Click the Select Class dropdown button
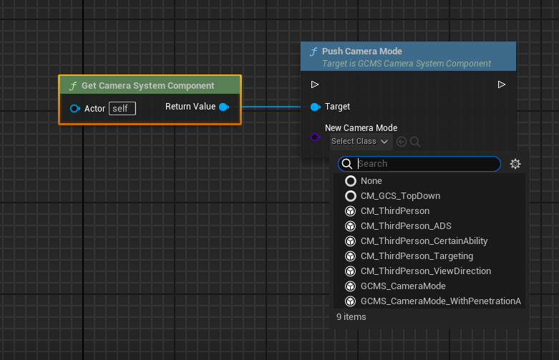[360, 142]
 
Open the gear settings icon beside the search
[515, 164]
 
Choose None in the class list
[371, 181]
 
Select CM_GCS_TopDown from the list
[400, 196]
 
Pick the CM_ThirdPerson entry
[395, 211]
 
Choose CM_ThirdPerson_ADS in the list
[406, 226]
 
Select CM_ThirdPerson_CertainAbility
[424, 241]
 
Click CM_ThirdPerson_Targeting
[417, 256]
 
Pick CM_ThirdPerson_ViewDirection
[426, 271]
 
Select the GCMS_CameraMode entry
[403, 286]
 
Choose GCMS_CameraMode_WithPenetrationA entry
[441, 301]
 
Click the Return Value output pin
[224, 107]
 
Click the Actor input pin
[75, 108]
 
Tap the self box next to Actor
[122, 108]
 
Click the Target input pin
[316, 107]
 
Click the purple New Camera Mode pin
[315, 137]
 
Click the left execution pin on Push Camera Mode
[314, 84]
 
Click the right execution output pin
[501, 84]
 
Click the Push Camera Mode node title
[362, 52]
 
